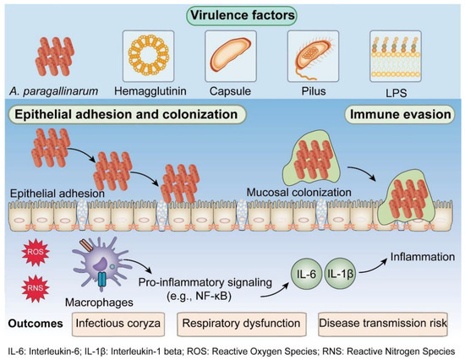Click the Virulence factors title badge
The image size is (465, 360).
[242, 15]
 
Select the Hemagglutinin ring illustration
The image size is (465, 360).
[148, 56]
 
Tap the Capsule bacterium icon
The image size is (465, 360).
[231, 56]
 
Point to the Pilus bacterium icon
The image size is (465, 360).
[313, 56]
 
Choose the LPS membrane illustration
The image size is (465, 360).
[396, 56]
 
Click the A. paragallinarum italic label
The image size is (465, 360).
[53, 91]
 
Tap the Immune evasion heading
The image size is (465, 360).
[400, 114]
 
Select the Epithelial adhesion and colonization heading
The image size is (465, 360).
[126, 114]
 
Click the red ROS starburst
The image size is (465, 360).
[36, 253]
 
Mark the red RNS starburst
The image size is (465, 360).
[36, 288]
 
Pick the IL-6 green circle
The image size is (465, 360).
[306, 274]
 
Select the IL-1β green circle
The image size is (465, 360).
[340, 274]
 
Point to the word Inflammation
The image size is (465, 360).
[422, 257]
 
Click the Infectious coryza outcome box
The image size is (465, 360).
[118, 324]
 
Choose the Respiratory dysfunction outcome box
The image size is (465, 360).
[242, 324]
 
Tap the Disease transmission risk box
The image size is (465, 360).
[382, 324]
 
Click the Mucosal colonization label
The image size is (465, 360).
[299, 193]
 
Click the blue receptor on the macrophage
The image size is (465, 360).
[101, 279]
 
